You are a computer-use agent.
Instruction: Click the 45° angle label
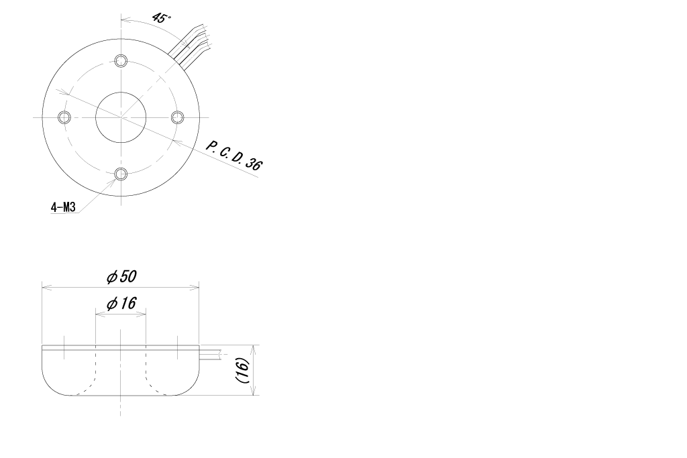tap(161, 17)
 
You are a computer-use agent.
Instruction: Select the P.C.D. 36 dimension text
tap(234, 156)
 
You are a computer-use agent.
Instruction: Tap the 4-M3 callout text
tap(64, 207)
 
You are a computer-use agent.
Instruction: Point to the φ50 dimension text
tap(122, 277)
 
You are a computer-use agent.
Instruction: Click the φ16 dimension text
tap(121, 303)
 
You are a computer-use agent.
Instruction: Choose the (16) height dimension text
tap(242, 370)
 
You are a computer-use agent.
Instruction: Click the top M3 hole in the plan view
tap(121, 60)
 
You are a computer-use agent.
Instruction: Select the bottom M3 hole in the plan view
tap(121, 174)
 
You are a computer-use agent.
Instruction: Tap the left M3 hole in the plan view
tap(64, 117)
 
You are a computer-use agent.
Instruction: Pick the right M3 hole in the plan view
tap(177, 117)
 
